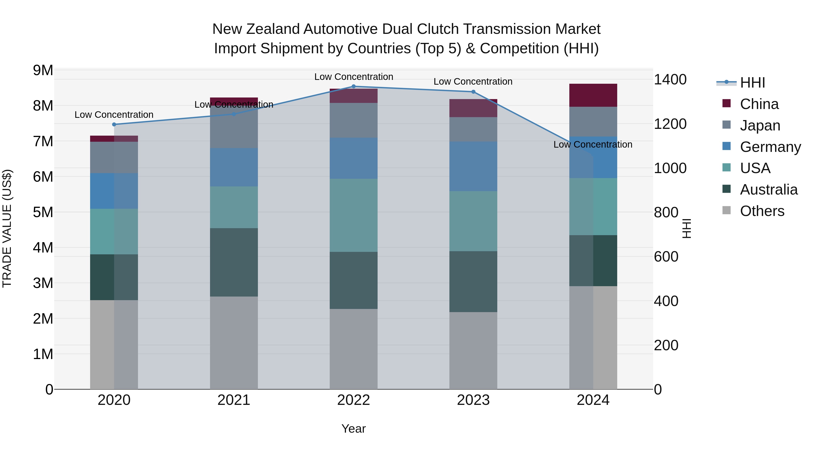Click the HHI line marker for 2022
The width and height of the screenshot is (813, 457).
(x=353, y=86)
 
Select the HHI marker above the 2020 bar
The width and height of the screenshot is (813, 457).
(x=114, y=125)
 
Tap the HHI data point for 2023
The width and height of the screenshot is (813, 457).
(x=473, y=92)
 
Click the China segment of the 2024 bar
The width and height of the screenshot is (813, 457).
(x=593, y=95)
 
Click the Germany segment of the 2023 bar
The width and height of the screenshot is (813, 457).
(x=473, y=166)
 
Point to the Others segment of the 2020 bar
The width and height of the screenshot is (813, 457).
(x=114, y=344)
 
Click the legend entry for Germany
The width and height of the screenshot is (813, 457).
(x=770, y=147)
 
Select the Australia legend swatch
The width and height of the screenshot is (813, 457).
(x=727, y=189)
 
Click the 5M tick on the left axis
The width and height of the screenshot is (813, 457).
(x=43, y=212)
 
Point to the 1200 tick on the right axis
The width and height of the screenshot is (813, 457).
(x=670, y=124)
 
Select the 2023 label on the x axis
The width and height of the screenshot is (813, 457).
(x=473, y=400)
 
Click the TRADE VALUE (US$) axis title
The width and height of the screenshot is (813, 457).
(x=7, y=228)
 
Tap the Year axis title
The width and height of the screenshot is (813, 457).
(x=353, y=429)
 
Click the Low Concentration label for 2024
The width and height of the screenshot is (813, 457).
(x=593, y=144)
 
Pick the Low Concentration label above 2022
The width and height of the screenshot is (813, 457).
(x=353, y=77)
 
